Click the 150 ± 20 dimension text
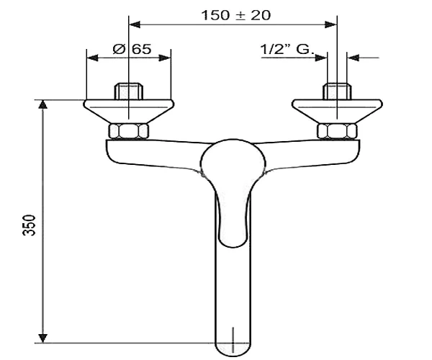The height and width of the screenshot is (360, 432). (236, 15)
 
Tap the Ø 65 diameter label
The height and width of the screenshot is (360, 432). (132, 49)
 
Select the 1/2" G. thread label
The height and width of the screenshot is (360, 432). (287, 49)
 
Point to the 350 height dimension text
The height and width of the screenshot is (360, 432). (29, 225)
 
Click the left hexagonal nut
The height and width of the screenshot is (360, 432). (129, 131)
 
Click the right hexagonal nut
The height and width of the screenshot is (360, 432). (337, 131)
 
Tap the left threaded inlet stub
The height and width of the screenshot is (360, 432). (129, 91)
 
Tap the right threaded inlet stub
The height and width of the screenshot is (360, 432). (337, 91)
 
